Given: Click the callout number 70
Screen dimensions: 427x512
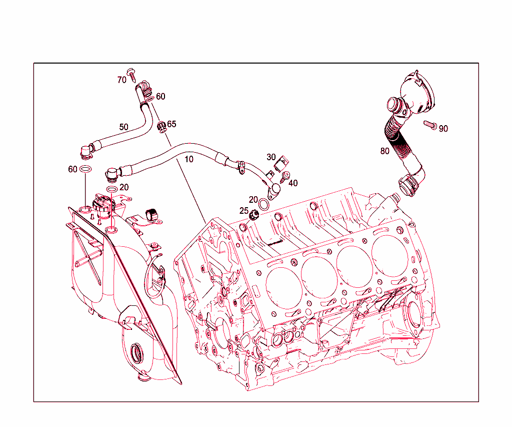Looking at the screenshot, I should pyautogui.click(x=122, y=80).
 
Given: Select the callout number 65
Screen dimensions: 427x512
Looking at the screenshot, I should pyautogui.click(x=171, y=124).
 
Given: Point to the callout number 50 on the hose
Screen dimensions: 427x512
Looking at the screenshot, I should pyautogui.click(x=123, y=127).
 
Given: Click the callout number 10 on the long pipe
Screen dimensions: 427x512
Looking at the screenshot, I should pyautogui.click(x=188, y=160).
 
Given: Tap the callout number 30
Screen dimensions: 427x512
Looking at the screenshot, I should pyautogui.click(x=271, y=157).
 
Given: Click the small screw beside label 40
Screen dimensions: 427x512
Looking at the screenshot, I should pyautogui.click(x=286, y=175).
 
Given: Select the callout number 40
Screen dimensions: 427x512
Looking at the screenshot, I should pyautogui.click(x=293, y=183).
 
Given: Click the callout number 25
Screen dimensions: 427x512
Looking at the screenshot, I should pyautogui.click(x=243, y=211).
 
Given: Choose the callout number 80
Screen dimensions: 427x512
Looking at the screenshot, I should pyautogui.click(x=384, y=151).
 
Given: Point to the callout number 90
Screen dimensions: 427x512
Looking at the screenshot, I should pyautogui.click(x=443, y=129).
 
